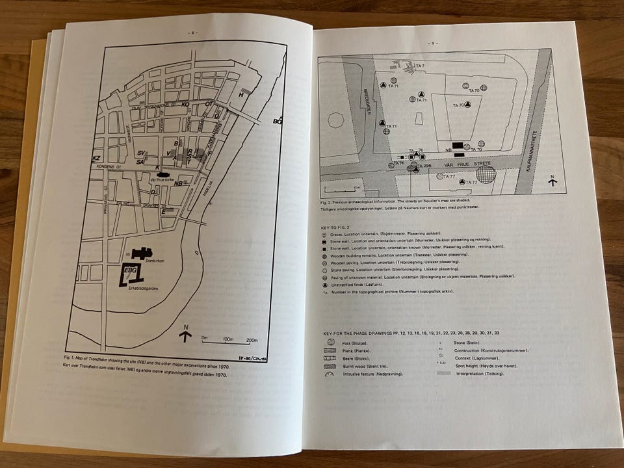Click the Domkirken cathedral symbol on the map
click(142, 253)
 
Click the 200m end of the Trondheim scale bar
click(252, 339)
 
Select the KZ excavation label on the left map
click(96, 158)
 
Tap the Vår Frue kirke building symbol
click(159, 174)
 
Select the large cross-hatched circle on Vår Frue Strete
click(484, 174)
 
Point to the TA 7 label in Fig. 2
click(419, 66)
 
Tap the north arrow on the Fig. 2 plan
click(552, 181)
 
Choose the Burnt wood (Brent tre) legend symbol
click(331, 367)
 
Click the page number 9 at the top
click(431, 43)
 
